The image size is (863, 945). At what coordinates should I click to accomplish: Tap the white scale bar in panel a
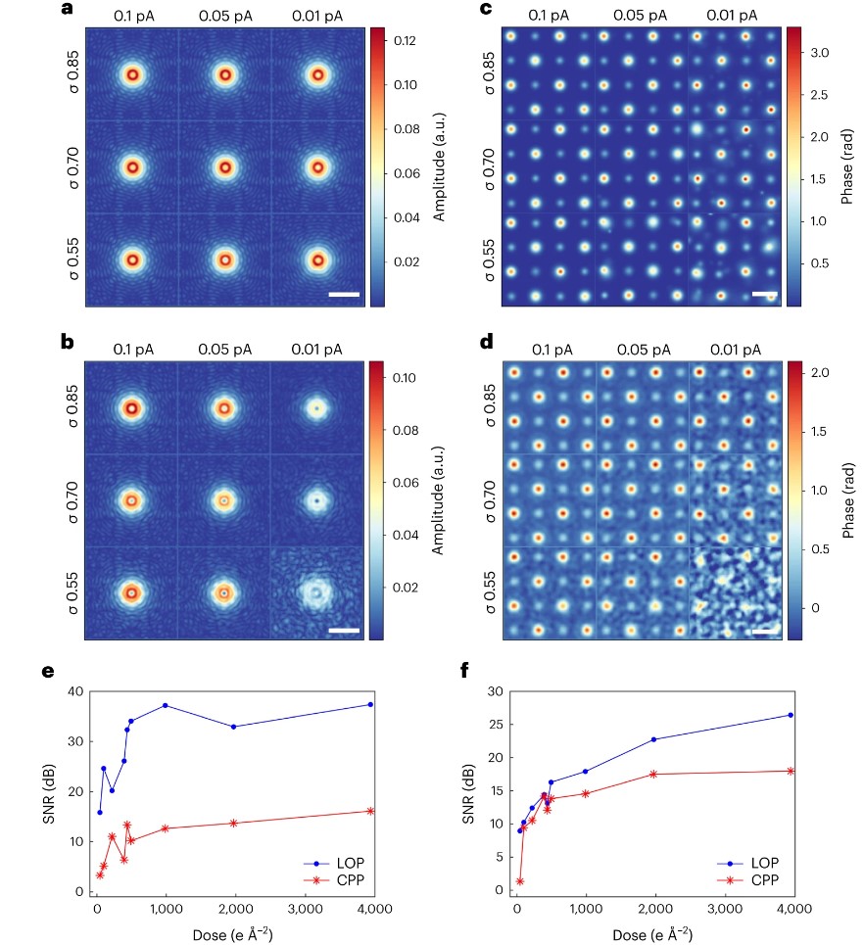point(344,294)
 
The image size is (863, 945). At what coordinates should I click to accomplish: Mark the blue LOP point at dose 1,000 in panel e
point(166,705)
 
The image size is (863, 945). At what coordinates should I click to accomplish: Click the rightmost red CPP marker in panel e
point(370,811)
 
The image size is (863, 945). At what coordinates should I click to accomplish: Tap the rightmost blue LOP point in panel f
point(791,715)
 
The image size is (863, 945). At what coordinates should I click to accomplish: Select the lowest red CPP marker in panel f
point(520,881)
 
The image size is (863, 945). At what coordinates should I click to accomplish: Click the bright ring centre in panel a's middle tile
point(224,167)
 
